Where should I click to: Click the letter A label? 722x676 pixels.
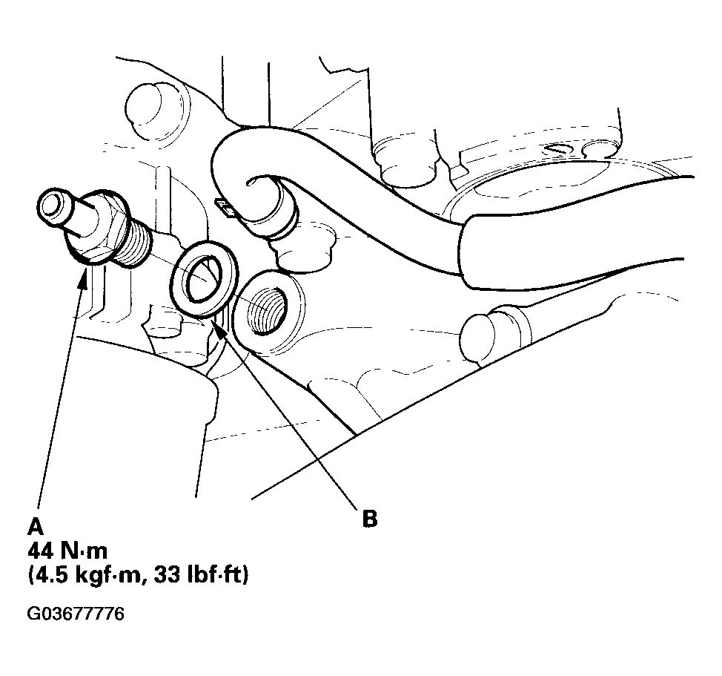point(35,527)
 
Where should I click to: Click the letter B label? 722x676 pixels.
point(369,519)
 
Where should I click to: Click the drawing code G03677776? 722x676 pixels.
point(76,614)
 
